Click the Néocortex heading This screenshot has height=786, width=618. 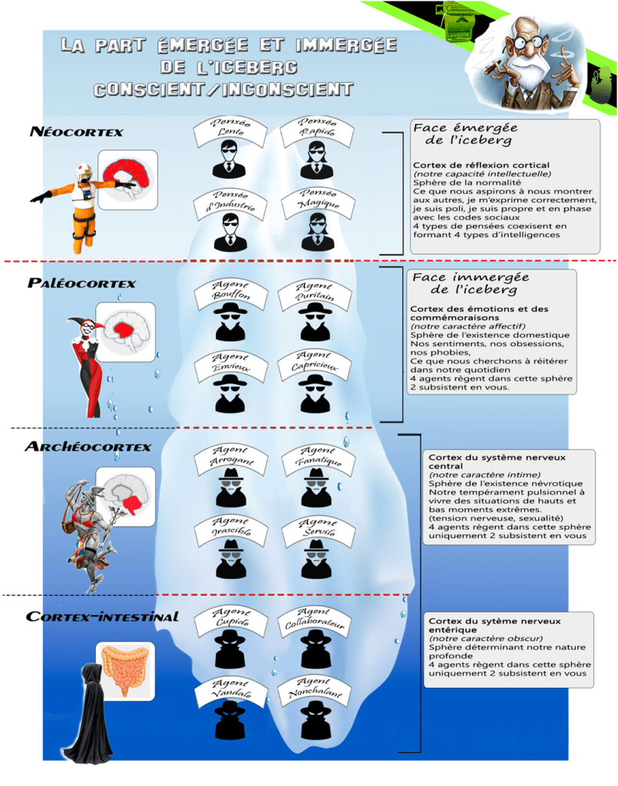click(x=76, y=131)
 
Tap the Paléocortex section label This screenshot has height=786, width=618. click(x=81, y=283)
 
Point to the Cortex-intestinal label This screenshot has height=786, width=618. click(x=102, y=616)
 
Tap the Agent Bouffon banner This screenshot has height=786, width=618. click(x=230, y=292)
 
